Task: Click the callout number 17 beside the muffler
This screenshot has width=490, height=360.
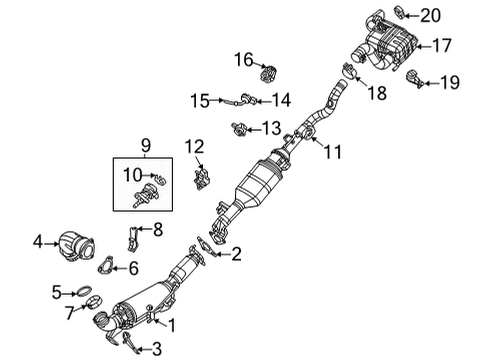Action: coord(441,44)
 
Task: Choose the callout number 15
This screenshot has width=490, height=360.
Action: coord(200,99)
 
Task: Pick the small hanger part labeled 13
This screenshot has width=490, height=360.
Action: coord(239,127)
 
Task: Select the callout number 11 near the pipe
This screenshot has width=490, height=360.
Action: coord(331,152)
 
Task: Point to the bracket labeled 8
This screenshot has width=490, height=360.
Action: coord(134,237)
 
